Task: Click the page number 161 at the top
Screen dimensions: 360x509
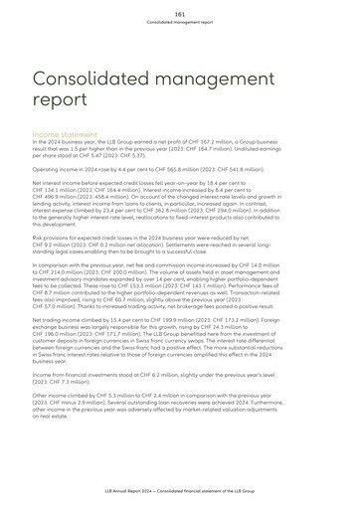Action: tap(179, 11)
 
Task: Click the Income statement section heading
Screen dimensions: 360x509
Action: tap(64, 133)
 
